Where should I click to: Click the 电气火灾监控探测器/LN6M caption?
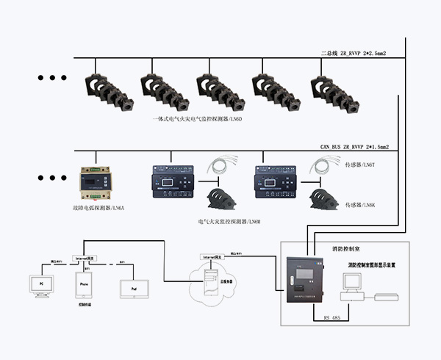(x=229, y=221)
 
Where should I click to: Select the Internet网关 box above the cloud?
(x=212, y=256)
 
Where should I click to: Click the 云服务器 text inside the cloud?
(x=209, y=280)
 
